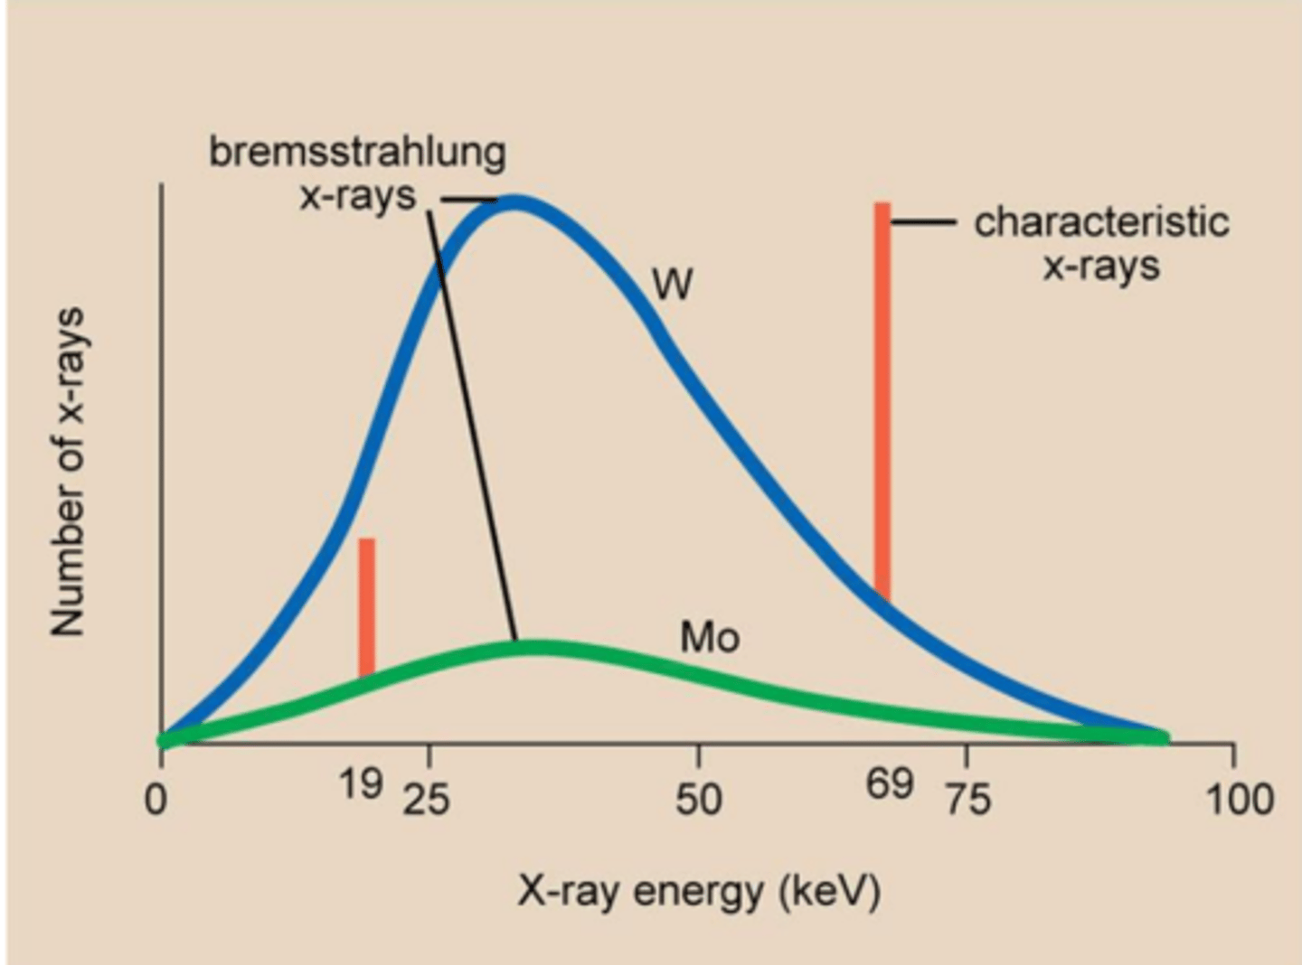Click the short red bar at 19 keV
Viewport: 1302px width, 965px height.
coord(366,605)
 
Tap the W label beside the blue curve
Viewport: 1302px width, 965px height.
coord(673,286)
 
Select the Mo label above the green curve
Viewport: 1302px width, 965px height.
coord(710,638)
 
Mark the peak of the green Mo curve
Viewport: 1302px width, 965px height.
coord(538,648)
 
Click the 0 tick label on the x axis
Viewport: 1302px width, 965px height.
coord(157,800)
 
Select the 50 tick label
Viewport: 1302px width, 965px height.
coord(698,800)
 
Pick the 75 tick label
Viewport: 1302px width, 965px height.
coord(967,800)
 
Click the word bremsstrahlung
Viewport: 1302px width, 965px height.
coord(357,152)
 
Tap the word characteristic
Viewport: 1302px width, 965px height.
coord(1101,222)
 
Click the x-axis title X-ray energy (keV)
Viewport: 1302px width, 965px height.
coord(698,892)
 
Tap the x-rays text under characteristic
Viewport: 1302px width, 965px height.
coord(1101,267)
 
